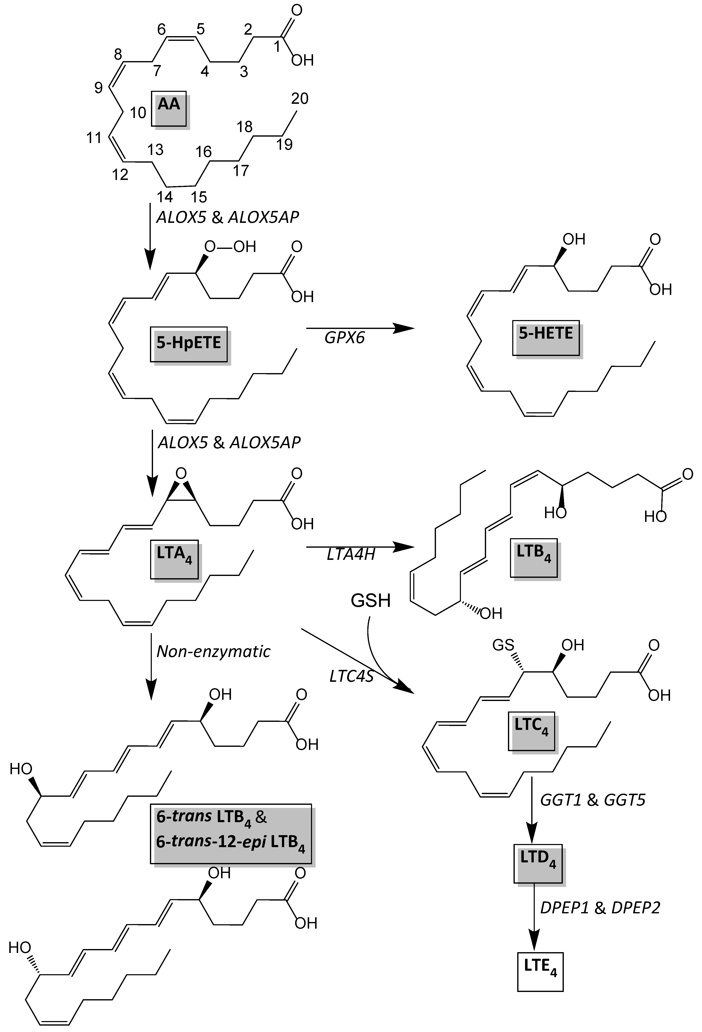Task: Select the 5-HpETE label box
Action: point(188,344)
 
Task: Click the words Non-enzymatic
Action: point(213,651)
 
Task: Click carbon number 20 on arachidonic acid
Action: point(299,99)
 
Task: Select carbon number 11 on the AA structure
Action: point(94,138)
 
